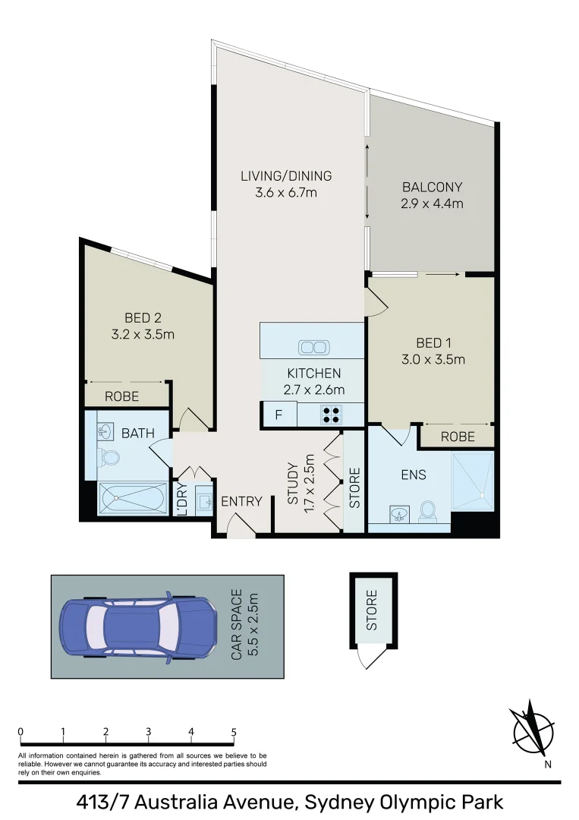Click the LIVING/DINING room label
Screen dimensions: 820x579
(286, 176)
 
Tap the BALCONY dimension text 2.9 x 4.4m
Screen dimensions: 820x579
(432, 203)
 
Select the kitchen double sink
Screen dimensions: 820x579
(313, 348)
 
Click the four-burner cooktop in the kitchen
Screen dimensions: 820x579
(331, 415)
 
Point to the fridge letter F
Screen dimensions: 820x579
(278, 415)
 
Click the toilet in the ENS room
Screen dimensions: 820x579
(428, 510)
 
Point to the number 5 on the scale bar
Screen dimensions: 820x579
(234, 732)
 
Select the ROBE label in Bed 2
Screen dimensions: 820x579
(121, 396)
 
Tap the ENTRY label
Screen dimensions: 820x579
(241, 502)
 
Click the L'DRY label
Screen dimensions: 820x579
(182, 501)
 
